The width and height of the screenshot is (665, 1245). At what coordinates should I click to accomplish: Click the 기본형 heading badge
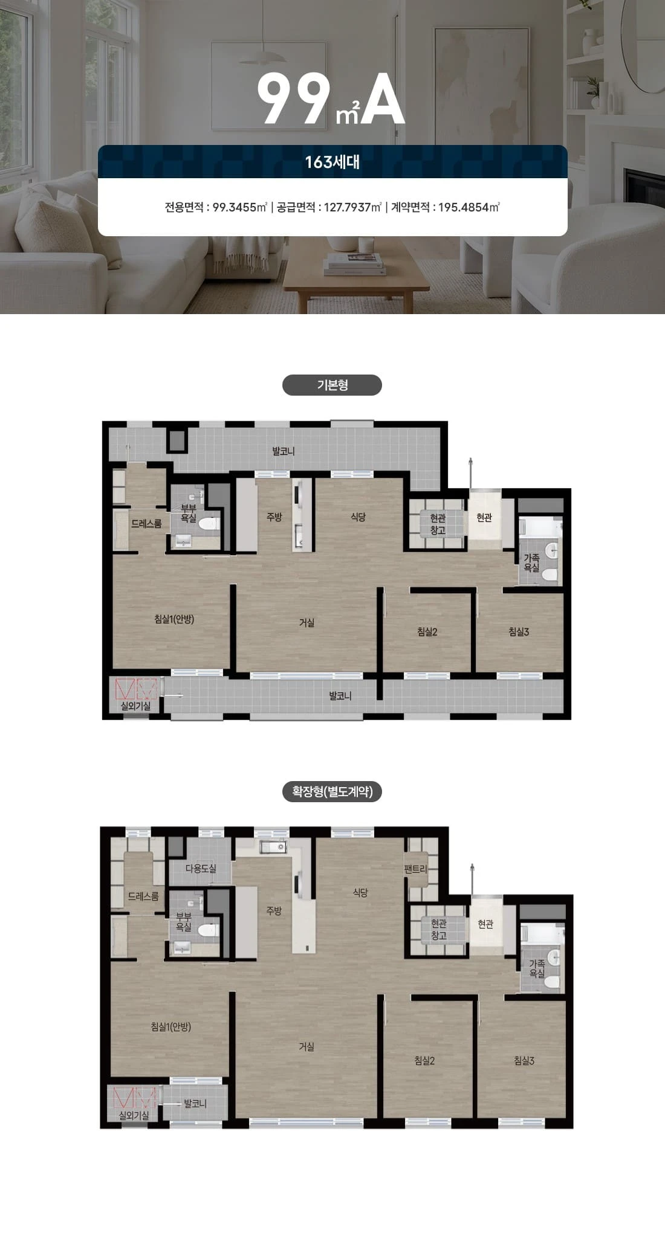(332, 385)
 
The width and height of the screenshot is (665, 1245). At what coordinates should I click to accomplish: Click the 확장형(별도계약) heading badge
(332, 791)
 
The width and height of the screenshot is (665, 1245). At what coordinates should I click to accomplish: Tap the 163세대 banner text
(332, 162)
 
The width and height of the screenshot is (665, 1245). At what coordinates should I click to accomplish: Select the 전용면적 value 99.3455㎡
(240, 207)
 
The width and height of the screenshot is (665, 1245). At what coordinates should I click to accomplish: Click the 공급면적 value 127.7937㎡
(353, 207)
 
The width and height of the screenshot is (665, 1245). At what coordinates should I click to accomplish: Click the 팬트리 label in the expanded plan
(415, 869)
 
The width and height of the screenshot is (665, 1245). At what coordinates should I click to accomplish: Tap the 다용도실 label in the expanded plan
(201, 868)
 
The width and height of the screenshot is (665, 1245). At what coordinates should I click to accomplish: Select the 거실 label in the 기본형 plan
(307, 622)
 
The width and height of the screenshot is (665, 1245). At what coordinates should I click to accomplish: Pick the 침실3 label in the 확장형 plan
(524, 1060)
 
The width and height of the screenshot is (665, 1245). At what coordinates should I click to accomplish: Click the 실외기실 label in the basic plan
(135, 706)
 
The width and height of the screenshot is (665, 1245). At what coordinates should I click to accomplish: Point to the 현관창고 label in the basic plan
(438, 524)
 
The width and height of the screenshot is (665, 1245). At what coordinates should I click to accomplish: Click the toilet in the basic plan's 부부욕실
(209, 524)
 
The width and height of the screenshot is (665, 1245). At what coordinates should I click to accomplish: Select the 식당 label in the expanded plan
(360, 892)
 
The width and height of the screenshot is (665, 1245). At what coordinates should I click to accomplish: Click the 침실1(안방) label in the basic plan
(174, 619)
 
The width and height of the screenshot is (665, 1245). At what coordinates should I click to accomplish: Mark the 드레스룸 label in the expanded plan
(143, 896)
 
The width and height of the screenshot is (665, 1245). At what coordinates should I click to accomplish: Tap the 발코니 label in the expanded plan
(195, 1103)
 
